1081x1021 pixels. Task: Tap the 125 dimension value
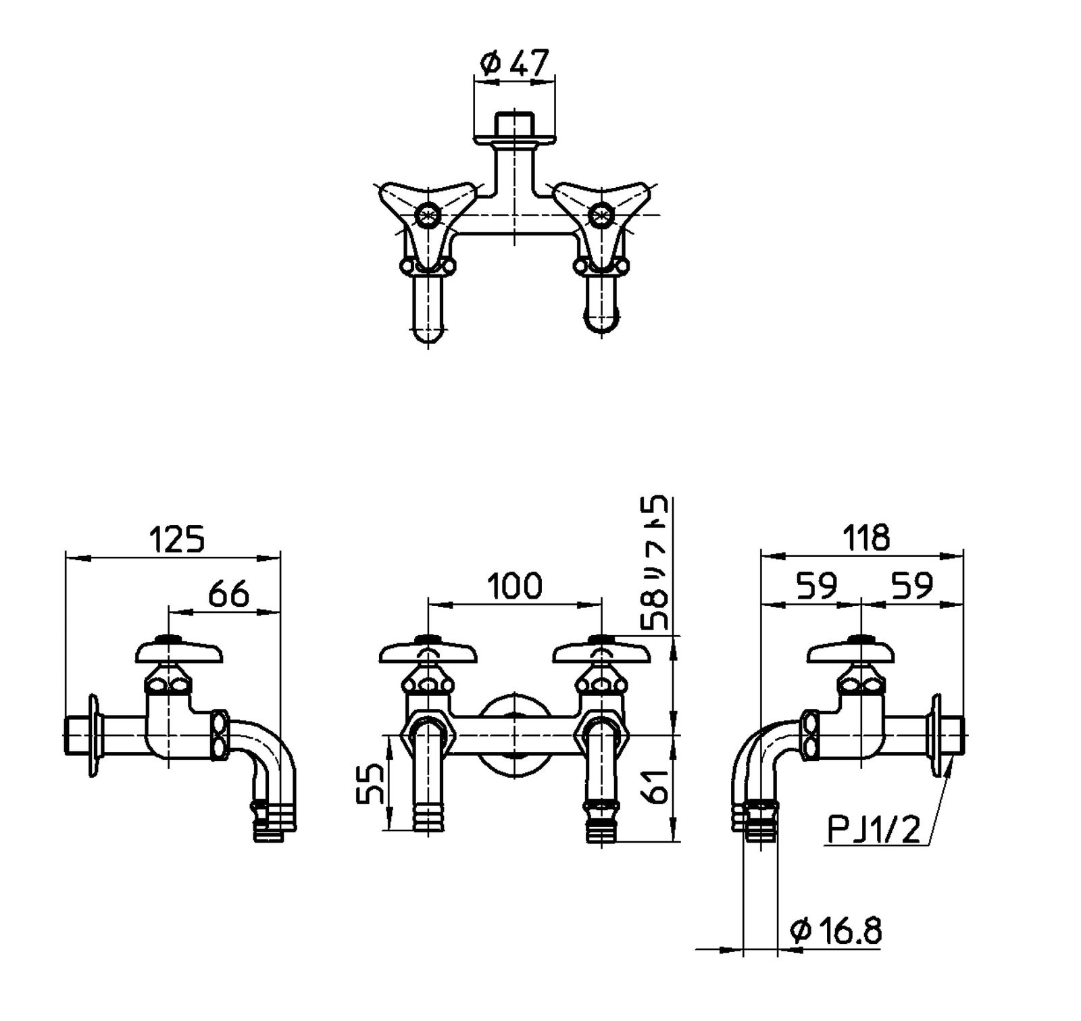click(x=176, y=540)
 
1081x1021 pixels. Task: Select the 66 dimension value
click(x=228, y=594)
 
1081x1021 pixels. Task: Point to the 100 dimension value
click(x=515, y=585)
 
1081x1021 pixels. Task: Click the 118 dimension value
click(x=866, y=538)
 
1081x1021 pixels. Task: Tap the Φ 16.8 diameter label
click(x=836, y=932)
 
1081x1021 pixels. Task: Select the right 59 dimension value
click(x=912, y=585)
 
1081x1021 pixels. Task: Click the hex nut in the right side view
click(x=809, y=736)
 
